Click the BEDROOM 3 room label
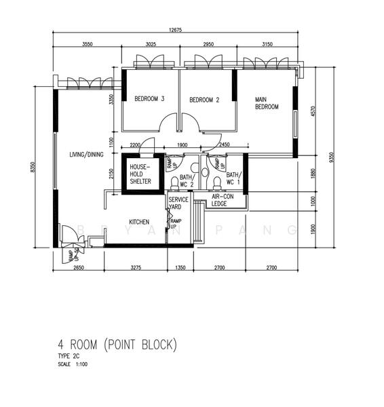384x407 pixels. coord(149,99)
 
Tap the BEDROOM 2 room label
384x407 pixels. coord(204,100)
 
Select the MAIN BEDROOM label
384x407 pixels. coord(267,103)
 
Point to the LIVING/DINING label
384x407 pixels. coord(86,155)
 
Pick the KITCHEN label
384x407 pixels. coord(139,222)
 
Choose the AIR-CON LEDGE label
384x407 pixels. coord(222,199)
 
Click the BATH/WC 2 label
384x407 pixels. coord(187,178)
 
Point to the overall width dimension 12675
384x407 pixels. coord(180,29)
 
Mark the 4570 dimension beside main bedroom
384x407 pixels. coord(313,111)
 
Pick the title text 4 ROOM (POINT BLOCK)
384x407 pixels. coord(117,345)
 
